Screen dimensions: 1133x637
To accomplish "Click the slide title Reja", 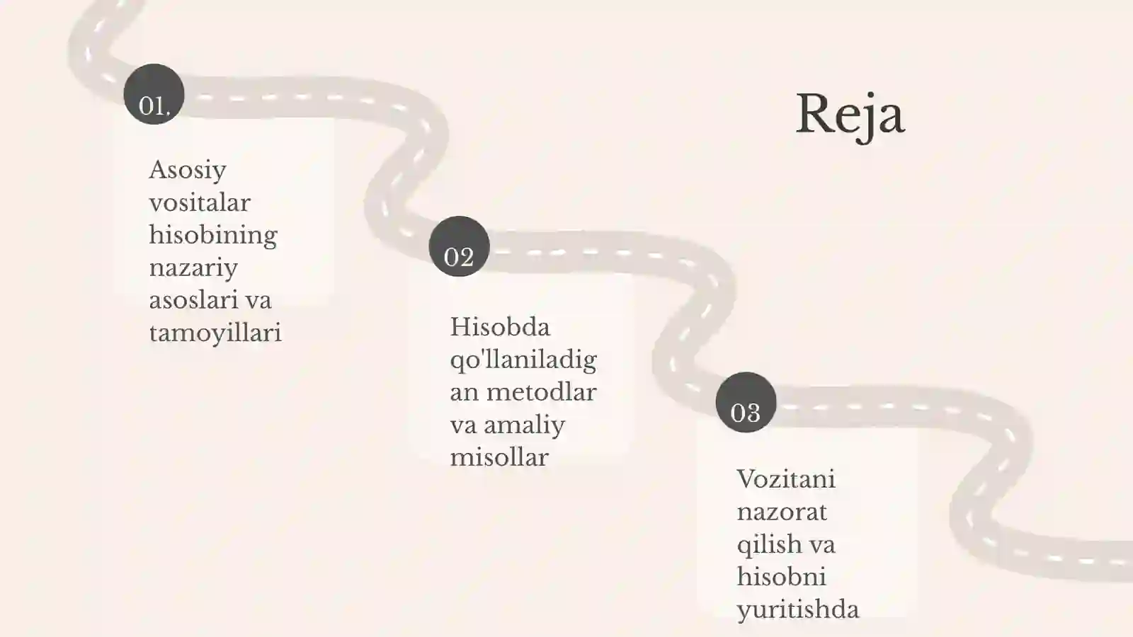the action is (x=850, y=116).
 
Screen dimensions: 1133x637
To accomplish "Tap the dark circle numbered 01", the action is (x=154, y=94).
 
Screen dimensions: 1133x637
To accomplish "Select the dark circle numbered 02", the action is (x=460, y=246).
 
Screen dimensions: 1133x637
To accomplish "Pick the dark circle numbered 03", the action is (x=746, y=403).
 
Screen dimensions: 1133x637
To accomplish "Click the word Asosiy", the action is (x=188, y=171).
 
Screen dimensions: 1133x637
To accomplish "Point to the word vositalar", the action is (x=200, y=202).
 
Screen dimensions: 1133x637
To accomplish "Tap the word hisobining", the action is (x=213, y=236).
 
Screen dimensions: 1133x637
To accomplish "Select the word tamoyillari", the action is (x=215, y=333).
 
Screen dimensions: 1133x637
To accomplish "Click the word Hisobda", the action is (x=500, y=327).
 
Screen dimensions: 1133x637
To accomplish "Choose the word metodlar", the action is (x=541, y=392).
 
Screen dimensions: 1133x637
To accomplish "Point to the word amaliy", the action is (x=524, y=425).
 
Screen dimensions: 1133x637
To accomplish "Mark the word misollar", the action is (x=499, y=457).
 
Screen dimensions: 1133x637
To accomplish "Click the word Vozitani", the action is (x=786, y=479).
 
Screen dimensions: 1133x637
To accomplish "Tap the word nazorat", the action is (x=782, y=512).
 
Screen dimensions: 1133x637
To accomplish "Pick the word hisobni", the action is (x=782, y=577).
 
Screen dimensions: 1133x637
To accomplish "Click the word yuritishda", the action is (x=797, y=610).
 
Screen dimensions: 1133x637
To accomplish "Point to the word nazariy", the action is (x=193, y=268).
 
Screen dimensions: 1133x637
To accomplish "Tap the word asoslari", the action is (x=193, y=300).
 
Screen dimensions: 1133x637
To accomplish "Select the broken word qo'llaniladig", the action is (x=523, y=361).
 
